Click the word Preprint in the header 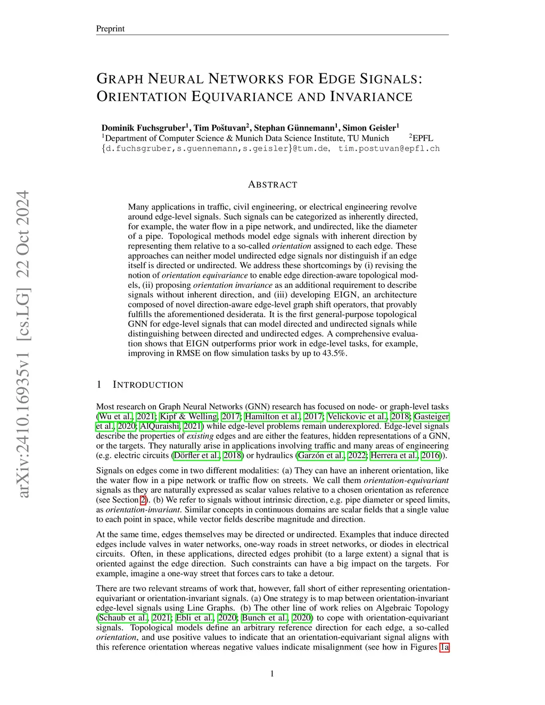tap(110, 29)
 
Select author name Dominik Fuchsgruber tap(143, 128)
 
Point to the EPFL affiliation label tap(423, 138)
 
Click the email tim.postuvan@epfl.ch tap(389, 148)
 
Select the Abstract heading tap(272, 185)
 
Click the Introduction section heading tap(148, 385)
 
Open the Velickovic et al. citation tap(357, 417)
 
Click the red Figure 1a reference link tap(444, 647)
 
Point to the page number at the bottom tap(272, 674)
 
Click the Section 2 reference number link tap(143, 500)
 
